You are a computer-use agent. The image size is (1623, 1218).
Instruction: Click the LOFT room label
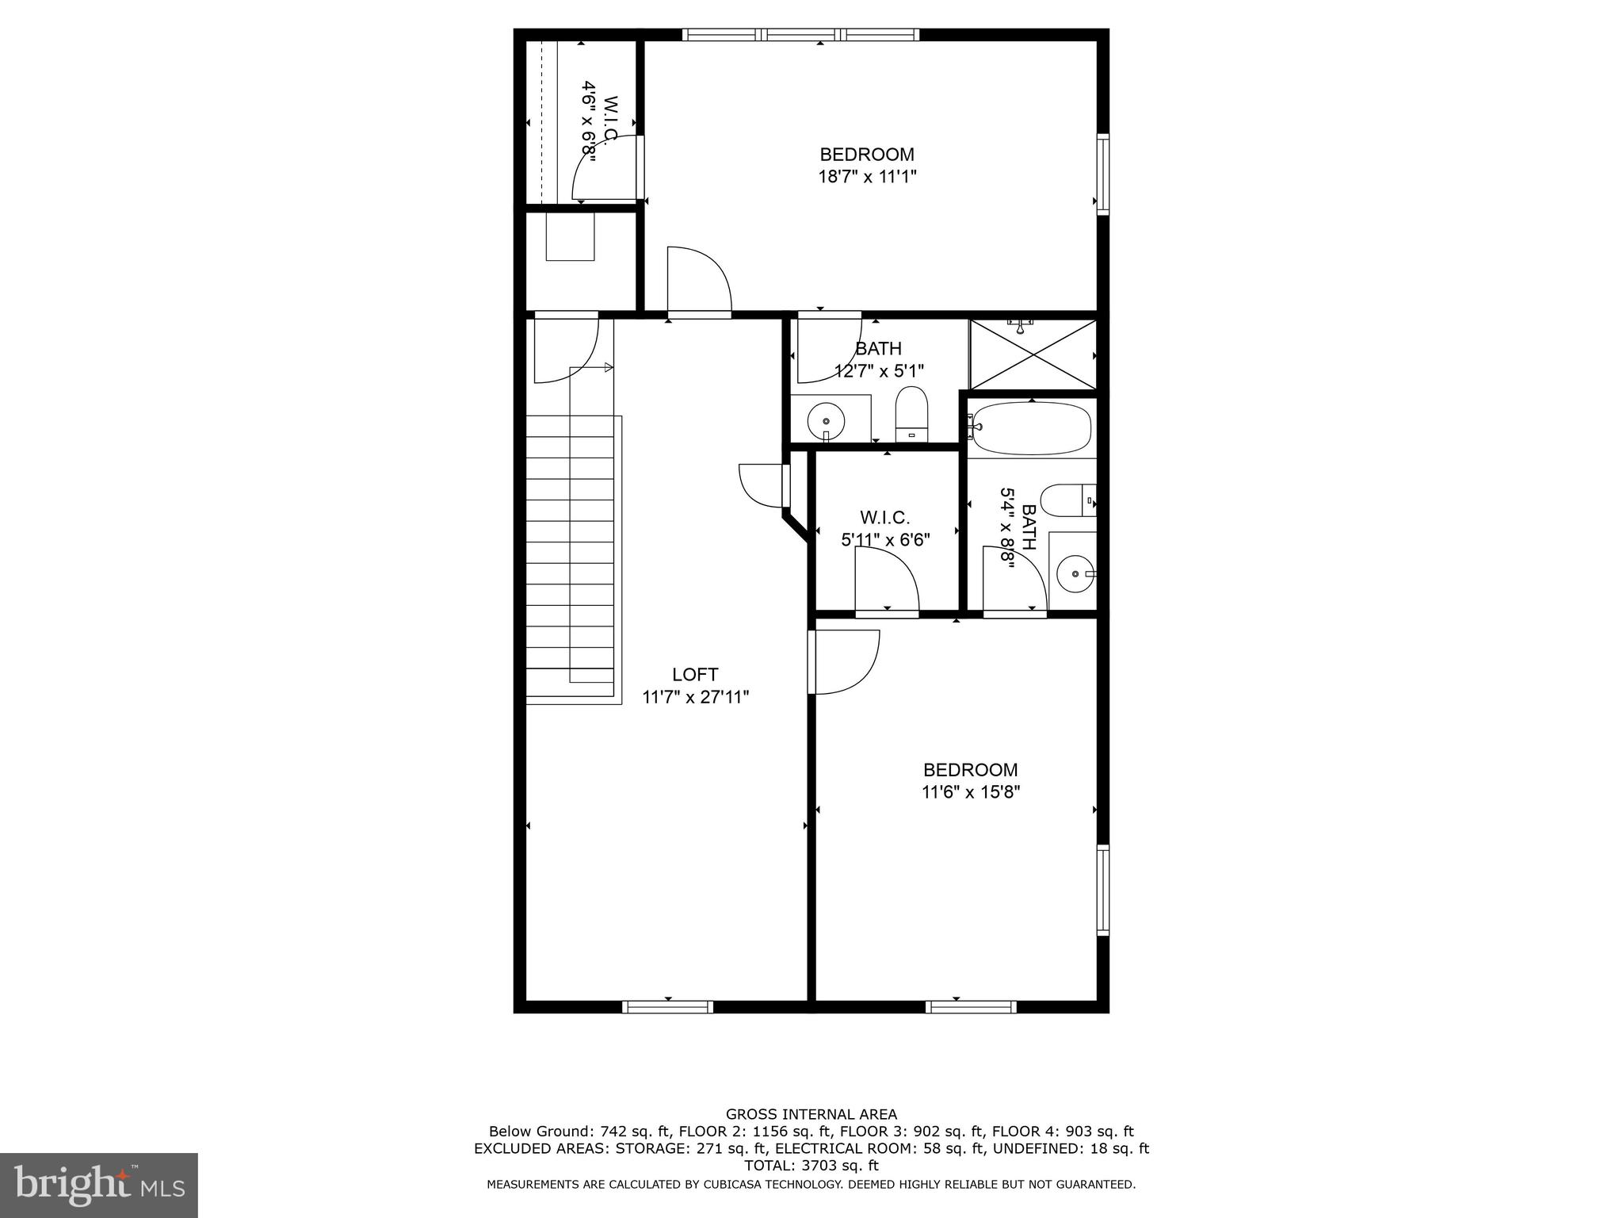(695, 675)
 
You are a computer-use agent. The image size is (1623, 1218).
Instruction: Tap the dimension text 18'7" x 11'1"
(867, 176)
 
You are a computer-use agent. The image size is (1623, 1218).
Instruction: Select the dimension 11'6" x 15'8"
(970, 791)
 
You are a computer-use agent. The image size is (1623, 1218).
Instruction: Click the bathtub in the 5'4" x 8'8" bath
(1031, 428)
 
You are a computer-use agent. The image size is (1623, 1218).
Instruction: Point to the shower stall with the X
(1033, 354)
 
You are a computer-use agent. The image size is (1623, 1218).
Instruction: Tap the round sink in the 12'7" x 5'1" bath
(826, 418)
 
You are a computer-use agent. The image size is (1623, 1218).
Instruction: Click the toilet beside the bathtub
(1067, 500)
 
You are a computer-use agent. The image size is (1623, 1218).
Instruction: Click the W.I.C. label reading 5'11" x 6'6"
(884, 529)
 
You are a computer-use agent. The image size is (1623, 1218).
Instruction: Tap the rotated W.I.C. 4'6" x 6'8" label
(599, 121)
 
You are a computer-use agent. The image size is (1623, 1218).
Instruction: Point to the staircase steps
(571, 555)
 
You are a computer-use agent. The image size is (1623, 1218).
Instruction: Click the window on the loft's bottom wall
(667, 1007)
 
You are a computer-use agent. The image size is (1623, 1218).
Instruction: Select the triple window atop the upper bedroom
(800, 35)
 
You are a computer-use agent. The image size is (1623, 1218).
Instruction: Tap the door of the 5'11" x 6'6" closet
(886, 583)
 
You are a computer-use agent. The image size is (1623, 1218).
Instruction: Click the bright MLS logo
(98, 1185)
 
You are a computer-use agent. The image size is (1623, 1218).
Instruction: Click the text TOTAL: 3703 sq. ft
(811, 1166)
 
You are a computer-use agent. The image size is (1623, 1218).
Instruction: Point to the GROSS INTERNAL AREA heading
(811, 1114)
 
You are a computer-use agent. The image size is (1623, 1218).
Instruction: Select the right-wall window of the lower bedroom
(1102, 890)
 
